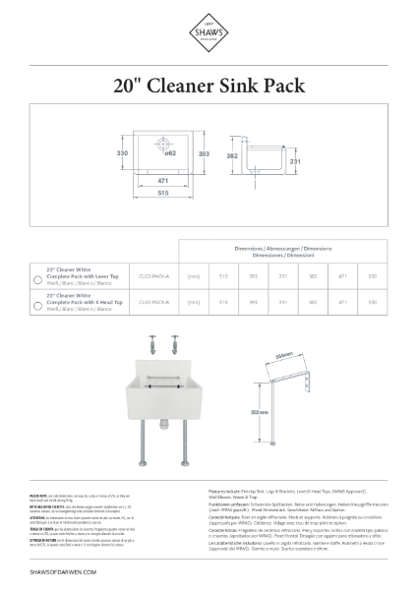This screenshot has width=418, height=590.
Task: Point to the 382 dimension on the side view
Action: pyautogui.click(x=233, y=155)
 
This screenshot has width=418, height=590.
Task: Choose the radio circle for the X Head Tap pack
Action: pyautogui.click(x=36, y=305)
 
